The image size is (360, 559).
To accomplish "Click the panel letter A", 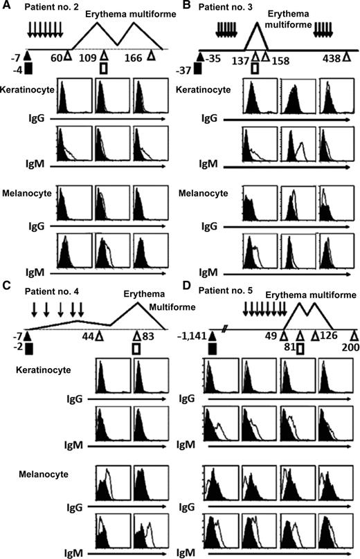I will pos(7,6).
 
